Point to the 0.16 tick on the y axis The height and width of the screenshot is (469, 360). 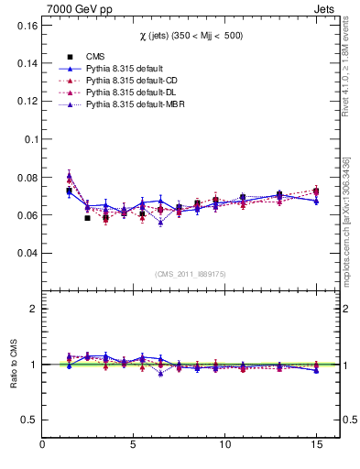point(25,26)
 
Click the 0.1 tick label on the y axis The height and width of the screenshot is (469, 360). point(28,139)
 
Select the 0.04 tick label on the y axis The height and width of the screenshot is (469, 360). point(25,253)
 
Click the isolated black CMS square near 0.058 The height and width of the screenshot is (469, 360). point(87,218)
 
